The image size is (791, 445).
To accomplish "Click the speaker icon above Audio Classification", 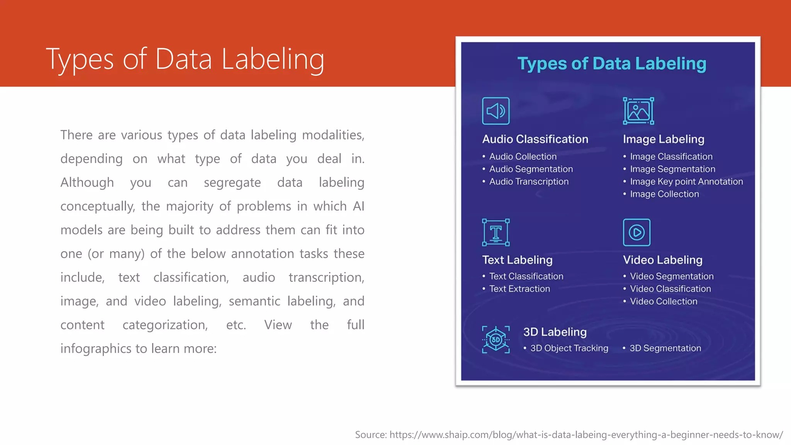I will [x=496, y=111].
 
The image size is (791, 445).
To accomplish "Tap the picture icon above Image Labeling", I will [x=638, y=111].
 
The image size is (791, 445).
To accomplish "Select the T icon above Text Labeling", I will [x=496, y=232].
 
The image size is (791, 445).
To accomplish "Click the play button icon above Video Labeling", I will [x=637, y=232].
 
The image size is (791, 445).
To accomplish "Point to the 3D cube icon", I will [x=496, y=340].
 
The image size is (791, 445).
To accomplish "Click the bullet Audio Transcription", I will [x=528, y=182].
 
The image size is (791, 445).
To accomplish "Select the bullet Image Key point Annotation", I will [x=686, y=182].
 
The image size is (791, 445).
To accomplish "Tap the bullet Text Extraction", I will [x=519, y=289].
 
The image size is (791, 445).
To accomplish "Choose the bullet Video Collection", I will [x=663, y=301].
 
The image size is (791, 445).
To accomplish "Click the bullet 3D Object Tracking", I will [x=569, y=348].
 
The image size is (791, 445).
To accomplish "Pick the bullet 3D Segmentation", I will [x=665, y=348].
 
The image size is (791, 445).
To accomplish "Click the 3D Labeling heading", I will [x=555, y=332].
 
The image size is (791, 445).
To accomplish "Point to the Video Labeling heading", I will [x=662, y=260].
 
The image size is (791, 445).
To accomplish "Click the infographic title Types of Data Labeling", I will [x=612, y=64].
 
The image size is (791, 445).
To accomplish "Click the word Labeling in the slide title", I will [x=273, y=59].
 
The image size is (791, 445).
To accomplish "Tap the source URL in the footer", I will [x=586, y=435].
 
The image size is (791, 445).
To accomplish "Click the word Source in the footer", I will [x=370, y=435].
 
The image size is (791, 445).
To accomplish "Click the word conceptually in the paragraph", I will [x=97, y=206].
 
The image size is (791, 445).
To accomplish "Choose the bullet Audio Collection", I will [x=523, y=156].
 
